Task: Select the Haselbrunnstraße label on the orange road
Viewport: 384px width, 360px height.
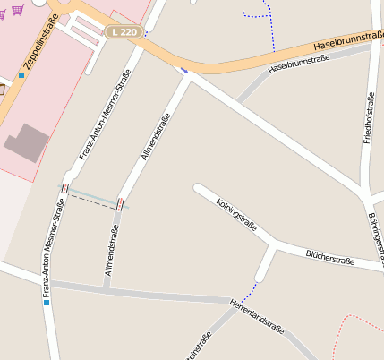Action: click(349, 39)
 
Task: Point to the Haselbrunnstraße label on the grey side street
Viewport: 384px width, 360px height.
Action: click(299, 63)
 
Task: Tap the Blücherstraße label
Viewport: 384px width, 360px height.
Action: click(330, 259)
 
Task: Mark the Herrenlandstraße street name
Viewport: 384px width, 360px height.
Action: click(257, 316)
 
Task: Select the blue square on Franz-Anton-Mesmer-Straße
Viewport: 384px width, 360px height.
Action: click(46, 303)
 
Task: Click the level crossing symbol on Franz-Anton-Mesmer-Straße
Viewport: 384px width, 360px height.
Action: click(64, 189)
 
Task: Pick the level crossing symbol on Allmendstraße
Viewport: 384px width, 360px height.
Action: click(120, 204)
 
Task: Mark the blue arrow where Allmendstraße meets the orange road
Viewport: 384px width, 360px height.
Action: click(184, 69)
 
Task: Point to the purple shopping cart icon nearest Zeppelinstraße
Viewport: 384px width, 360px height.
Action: click(18, 10)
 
